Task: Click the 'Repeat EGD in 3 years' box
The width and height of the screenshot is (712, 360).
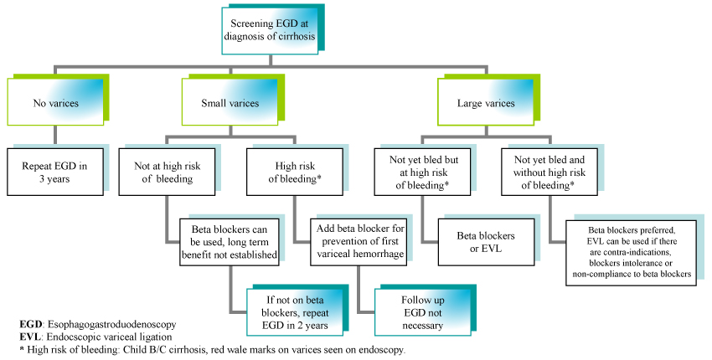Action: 55,172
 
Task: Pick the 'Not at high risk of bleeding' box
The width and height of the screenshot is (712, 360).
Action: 167,172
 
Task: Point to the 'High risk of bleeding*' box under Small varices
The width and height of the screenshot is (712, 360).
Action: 295,172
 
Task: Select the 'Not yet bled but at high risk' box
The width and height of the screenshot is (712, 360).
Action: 422,172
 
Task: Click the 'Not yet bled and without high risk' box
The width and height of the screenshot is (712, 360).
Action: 549,172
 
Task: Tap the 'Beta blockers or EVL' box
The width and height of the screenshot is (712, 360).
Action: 487,243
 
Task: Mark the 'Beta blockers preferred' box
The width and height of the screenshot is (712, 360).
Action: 632,252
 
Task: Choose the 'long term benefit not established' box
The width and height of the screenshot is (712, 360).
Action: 230,242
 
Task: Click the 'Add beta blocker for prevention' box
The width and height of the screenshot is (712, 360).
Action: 359,241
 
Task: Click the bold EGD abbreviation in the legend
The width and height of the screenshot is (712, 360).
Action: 30,325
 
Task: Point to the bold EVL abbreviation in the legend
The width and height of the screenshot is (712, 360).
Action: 30,337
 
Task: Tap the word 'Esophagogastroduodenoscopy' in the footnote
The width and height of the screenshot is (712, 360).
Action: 111,325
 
